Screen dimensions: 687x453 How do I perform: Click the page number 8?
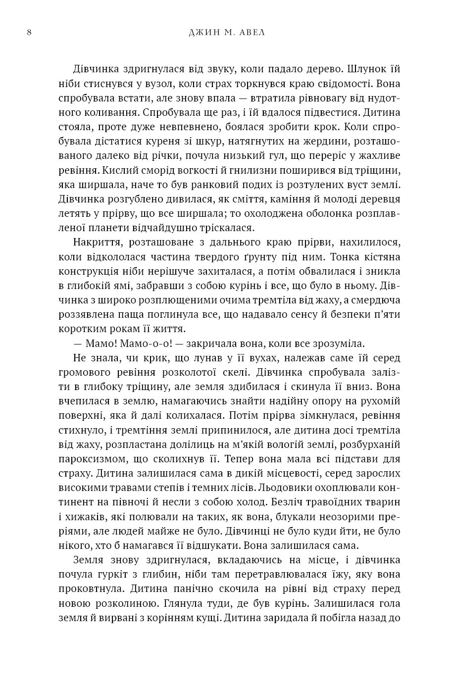tap(29, 33)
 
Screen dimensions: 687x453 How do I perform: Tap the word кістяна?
tap(380, 257)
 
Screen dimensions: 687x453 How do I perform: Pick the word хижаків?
tap(92, 517)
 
